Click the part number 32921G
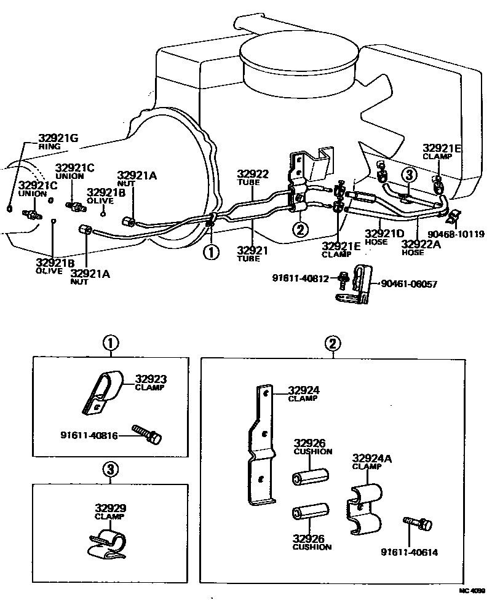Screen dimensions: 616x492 (58, 138)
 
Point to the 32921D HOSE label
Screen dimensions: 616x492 (384, 237)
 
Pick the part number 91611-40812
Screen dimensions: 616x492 (302, 278)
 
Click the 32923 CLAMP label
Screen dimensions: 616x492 (151, 383)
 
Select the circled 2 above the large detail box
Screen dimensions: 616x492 (332, 345)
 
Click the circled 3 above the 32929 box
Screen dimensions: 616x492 (109, 470)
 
